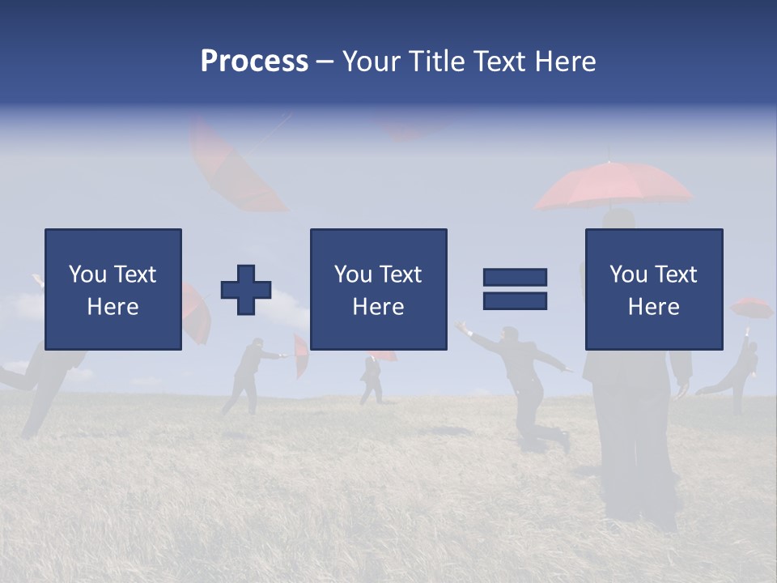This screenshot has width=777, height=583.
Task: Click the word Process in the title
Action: coord(254,62)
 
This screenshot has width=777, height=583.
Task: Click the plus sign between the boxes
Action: coord(246,290)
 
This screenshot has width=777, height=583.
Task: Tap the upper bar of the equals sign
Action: coord(515,278)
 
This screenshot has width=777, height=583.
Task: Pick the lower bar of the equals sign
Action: coord(515,301)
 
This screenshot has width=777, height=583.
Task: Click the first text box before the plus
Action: coord(113,289)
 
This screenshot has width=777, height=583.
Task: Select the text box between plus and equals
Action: coord(379,289)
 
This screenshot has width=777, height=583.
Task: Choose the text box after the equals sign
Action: coord(654,289)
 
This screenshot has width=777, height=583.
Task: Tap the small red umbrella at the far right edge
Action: coord(752,308)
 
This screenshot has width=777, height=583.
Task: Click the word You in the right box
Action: coord(627,274)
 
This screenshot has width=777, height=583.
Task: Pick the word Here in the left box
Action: coord(113,306)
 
